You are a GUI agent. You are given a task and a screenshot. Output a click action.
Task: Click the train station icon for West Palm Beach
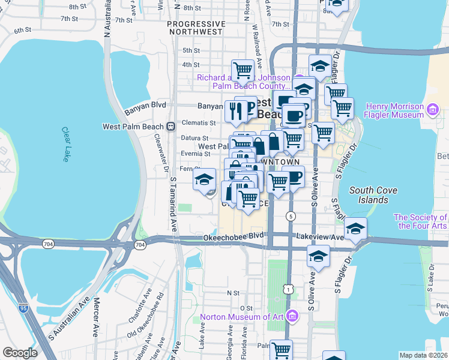(x=171, y=127)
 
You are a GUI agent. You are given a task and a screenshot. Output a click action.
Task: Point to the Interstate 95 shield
(x=23, y=308)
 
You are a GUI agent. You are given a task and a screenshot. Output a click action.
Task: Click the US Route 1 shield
(x=290, y=290)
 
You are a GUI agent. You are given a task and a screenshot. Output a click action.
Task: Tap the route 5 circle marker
(x=291, y=216)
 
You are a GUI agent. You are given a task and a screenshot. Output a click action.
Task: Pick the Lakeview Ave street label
(x=325, y=238)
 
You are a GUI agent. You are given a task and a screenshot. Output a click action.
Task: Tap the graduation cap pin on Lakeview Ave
(x=355, y=229)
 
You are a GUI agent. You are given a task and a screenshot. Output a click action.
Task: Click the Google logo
(x=20, y=353)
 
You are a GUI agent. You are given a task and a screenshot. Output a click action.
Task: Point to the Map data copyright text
(x=423, y=355)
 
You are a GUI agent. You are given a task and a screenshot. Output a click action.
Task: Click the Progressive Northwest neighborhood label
(x=196, y=28)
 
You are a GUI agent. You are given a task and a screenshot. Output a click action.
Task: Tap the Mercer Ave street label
(x=95, y=324)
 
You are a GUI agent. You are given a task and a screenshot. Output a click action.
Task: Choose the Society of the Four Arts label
(x=420, y=221)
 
